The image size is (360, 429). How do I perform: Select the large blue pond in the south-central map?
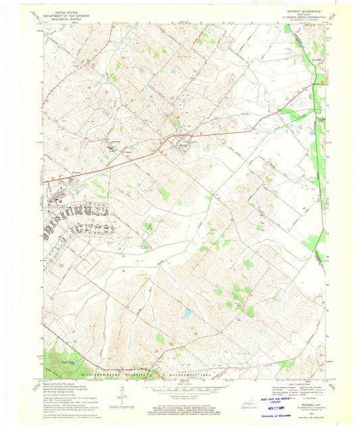(x=186, y=313)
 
